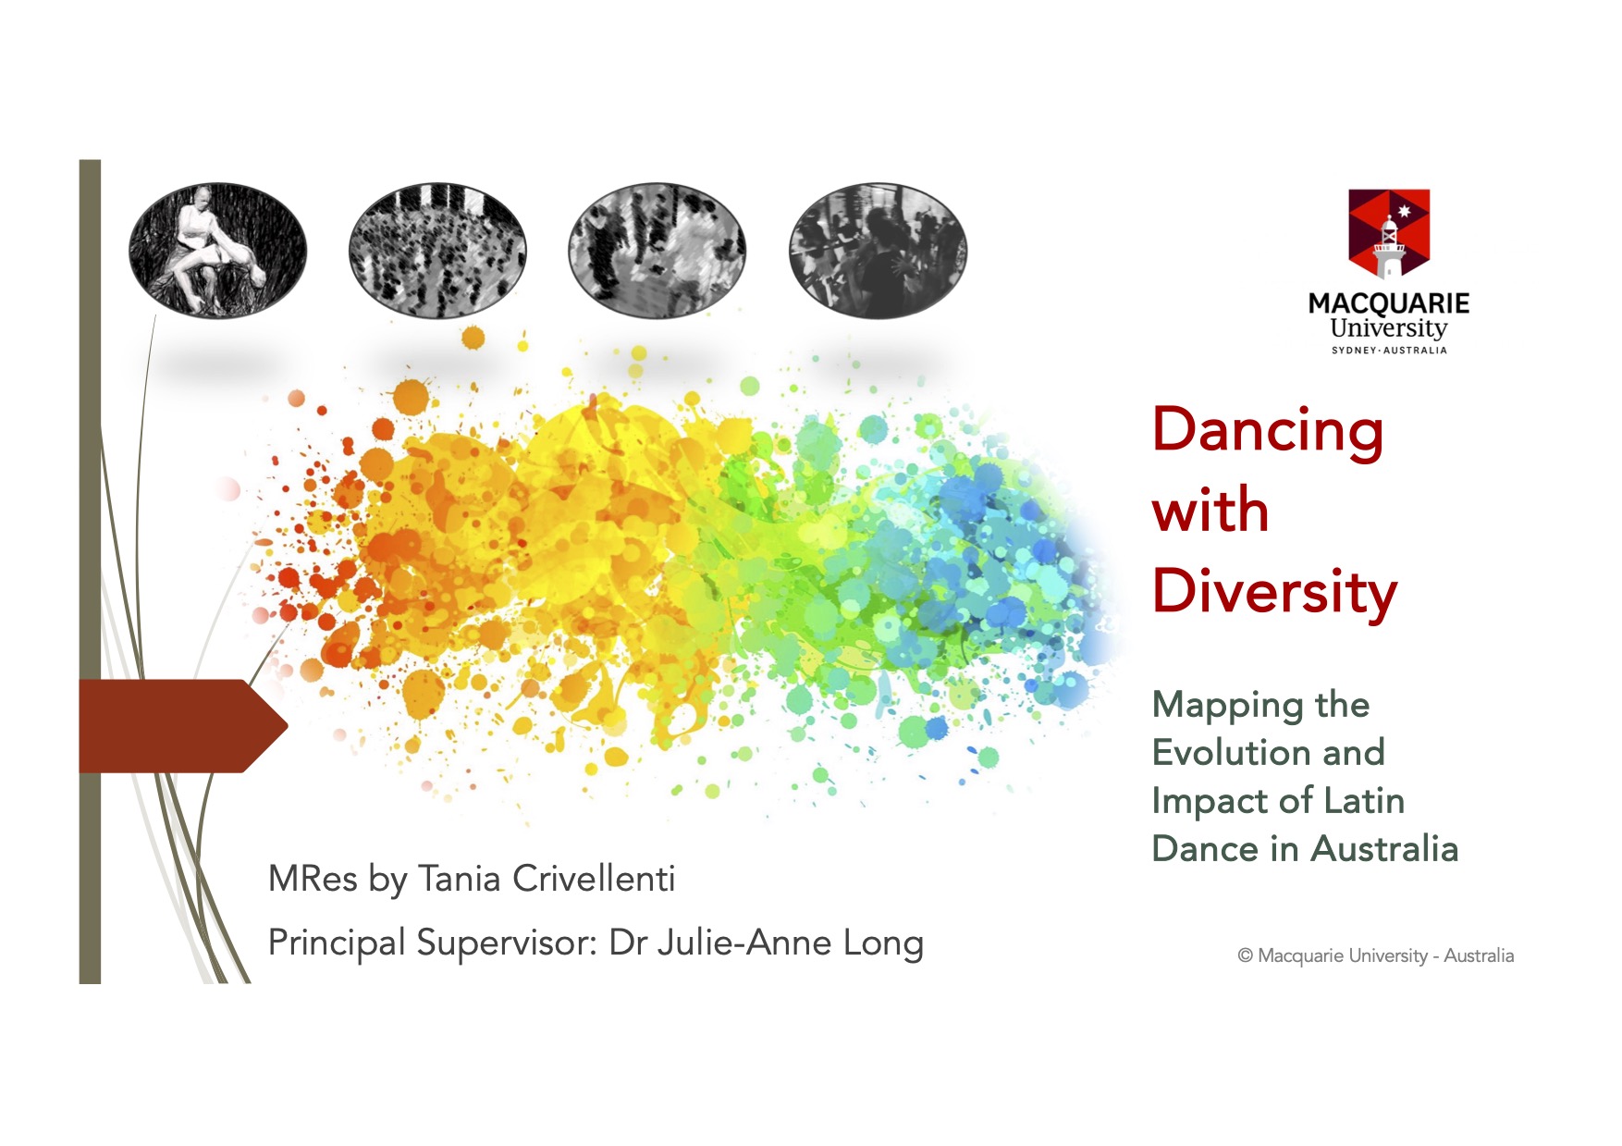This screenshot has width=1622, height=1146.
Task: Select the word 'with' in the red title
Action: (1210, 510)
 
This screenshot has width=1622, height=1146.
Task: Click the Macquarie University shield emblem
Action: (1389, 234)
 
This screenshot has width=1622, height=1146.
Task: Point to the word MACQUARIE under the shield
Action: (1389, 303)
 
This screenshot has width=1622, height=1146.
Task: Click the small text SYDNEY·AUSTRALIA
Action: (1389, 351)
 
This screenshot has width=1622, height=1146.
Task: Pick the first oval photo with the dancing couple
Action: (217, 251)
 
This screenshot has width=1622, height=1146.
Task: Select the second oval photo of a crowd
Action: (437, 251)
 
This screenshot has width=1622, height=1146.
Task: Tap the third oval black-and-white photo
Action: (657, 251)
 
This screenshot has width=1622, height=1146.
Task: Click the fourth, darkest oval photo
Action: (878, 251)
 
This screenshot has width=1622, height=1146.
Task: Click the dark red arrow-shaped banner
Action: (183, 726)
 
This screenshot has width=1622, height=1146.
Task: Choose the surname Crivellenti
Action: (594, 879)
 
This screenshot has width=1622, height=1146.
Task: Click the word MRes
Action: (313, 879)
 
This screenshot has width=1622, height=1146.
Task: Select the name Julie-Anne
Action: (744, 943)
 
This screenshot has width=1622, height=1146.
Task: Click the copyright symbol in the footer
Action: (1245, 956)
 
